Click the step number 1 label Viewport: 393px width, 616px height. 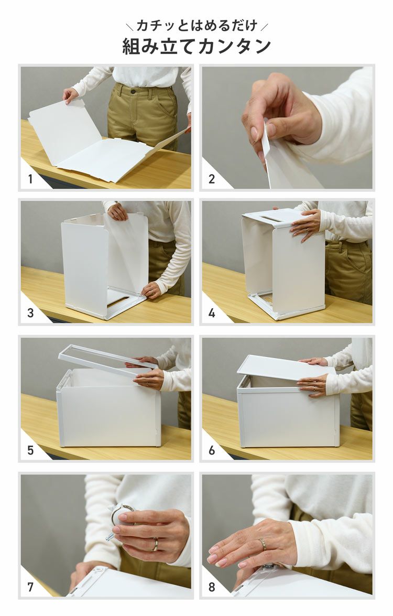coord(30,179)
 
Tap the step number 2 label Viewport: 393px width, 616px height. coord(212,179)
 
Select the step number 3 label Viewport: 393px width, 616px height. coord(30,313)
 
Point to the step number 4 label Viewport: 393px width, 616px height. coord(212,313)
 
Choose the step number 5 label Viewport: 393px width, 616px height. coord(30,450)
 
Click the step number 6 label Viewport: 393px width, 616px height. coord(212,450)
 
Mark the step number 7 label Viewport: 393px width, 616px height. coord(30,587)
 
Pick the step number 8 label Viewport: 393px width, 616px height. coord(212,587)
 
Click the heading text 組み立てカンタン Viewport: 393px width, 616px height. coord(196,46)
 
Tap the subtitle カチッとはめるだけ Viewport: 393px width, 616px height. coord(196,26)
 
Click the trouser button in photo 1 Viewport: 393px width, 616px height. coord(133,92)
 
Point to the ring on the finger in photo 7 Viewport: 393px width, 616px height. coord(156,544)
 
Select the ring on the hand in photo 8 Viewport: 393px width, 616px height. coord(262,544)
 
